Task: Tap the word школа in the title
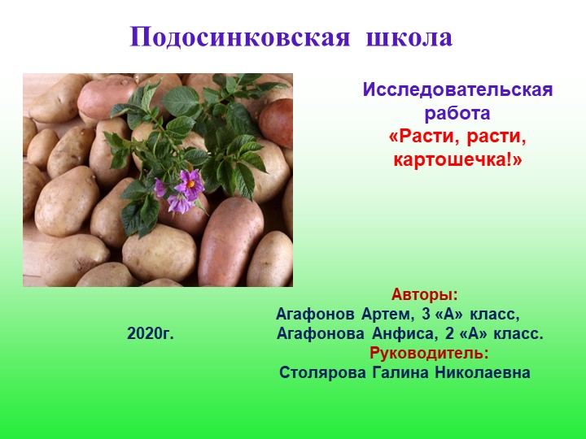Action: point(409,37)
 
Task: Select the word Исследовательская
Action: point(457,89)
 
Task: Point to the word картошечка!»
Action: point(457,159)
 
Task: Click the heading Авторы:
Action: point(424,293)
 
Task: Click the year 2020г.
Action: point(151,333)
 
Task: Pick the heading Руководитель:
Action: point(429,353)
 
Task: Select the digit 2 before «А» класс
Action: point(449,333)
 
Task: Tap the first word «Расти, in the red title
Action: point(418,135)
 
